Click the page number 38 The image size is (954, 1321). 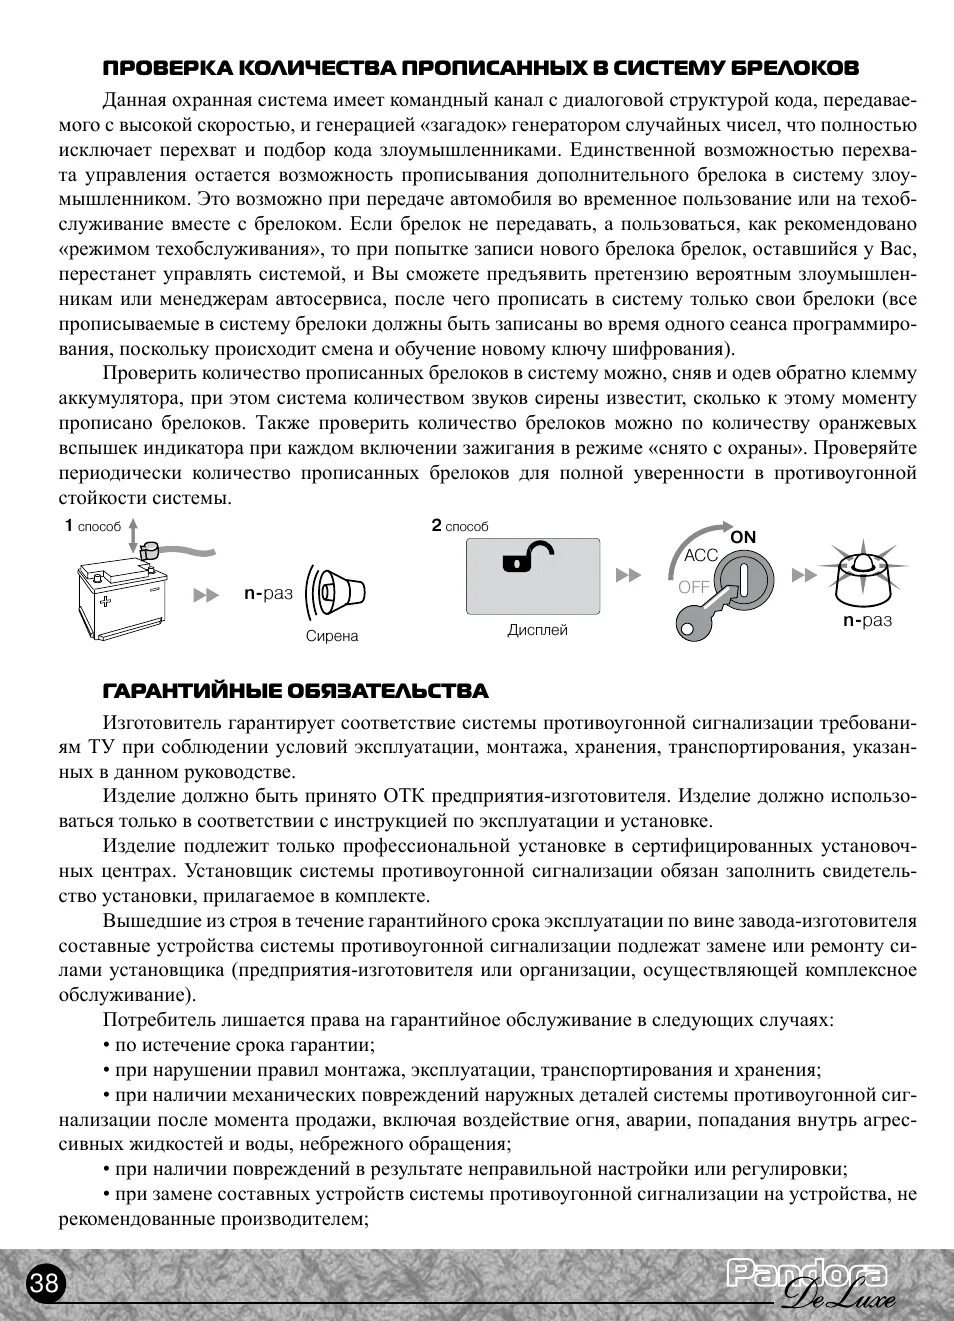point(44,1282)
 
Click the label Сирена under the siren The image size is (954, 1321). point(332,636)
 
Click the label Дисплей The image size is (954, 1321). point(537,630)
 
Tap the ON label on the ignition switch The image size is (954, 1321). point(743,537)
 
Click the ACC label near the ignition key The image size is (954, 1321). point(701,555)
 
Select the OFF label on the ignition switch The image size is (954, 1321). point(693,587)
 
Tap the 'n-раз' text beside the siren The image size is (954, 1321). point(268,593)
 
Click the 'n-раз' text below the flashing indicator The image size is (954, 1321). point(867,620)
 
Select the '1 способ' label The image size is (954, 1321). point(92,526)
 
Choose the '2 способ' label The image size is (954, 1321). point(460,526)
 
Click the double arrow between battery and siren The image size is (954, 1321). point(206,595)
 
